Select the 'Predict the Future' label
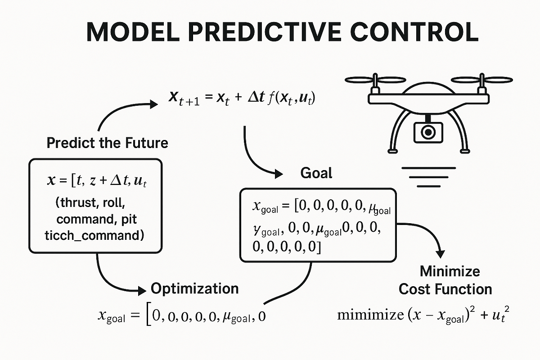tap(107, 143)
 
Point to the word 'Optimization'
tap(194, 288)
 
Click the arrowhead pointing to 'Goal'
tap(279, 173)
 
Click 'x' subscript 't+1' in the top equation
tap(182, 99)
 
